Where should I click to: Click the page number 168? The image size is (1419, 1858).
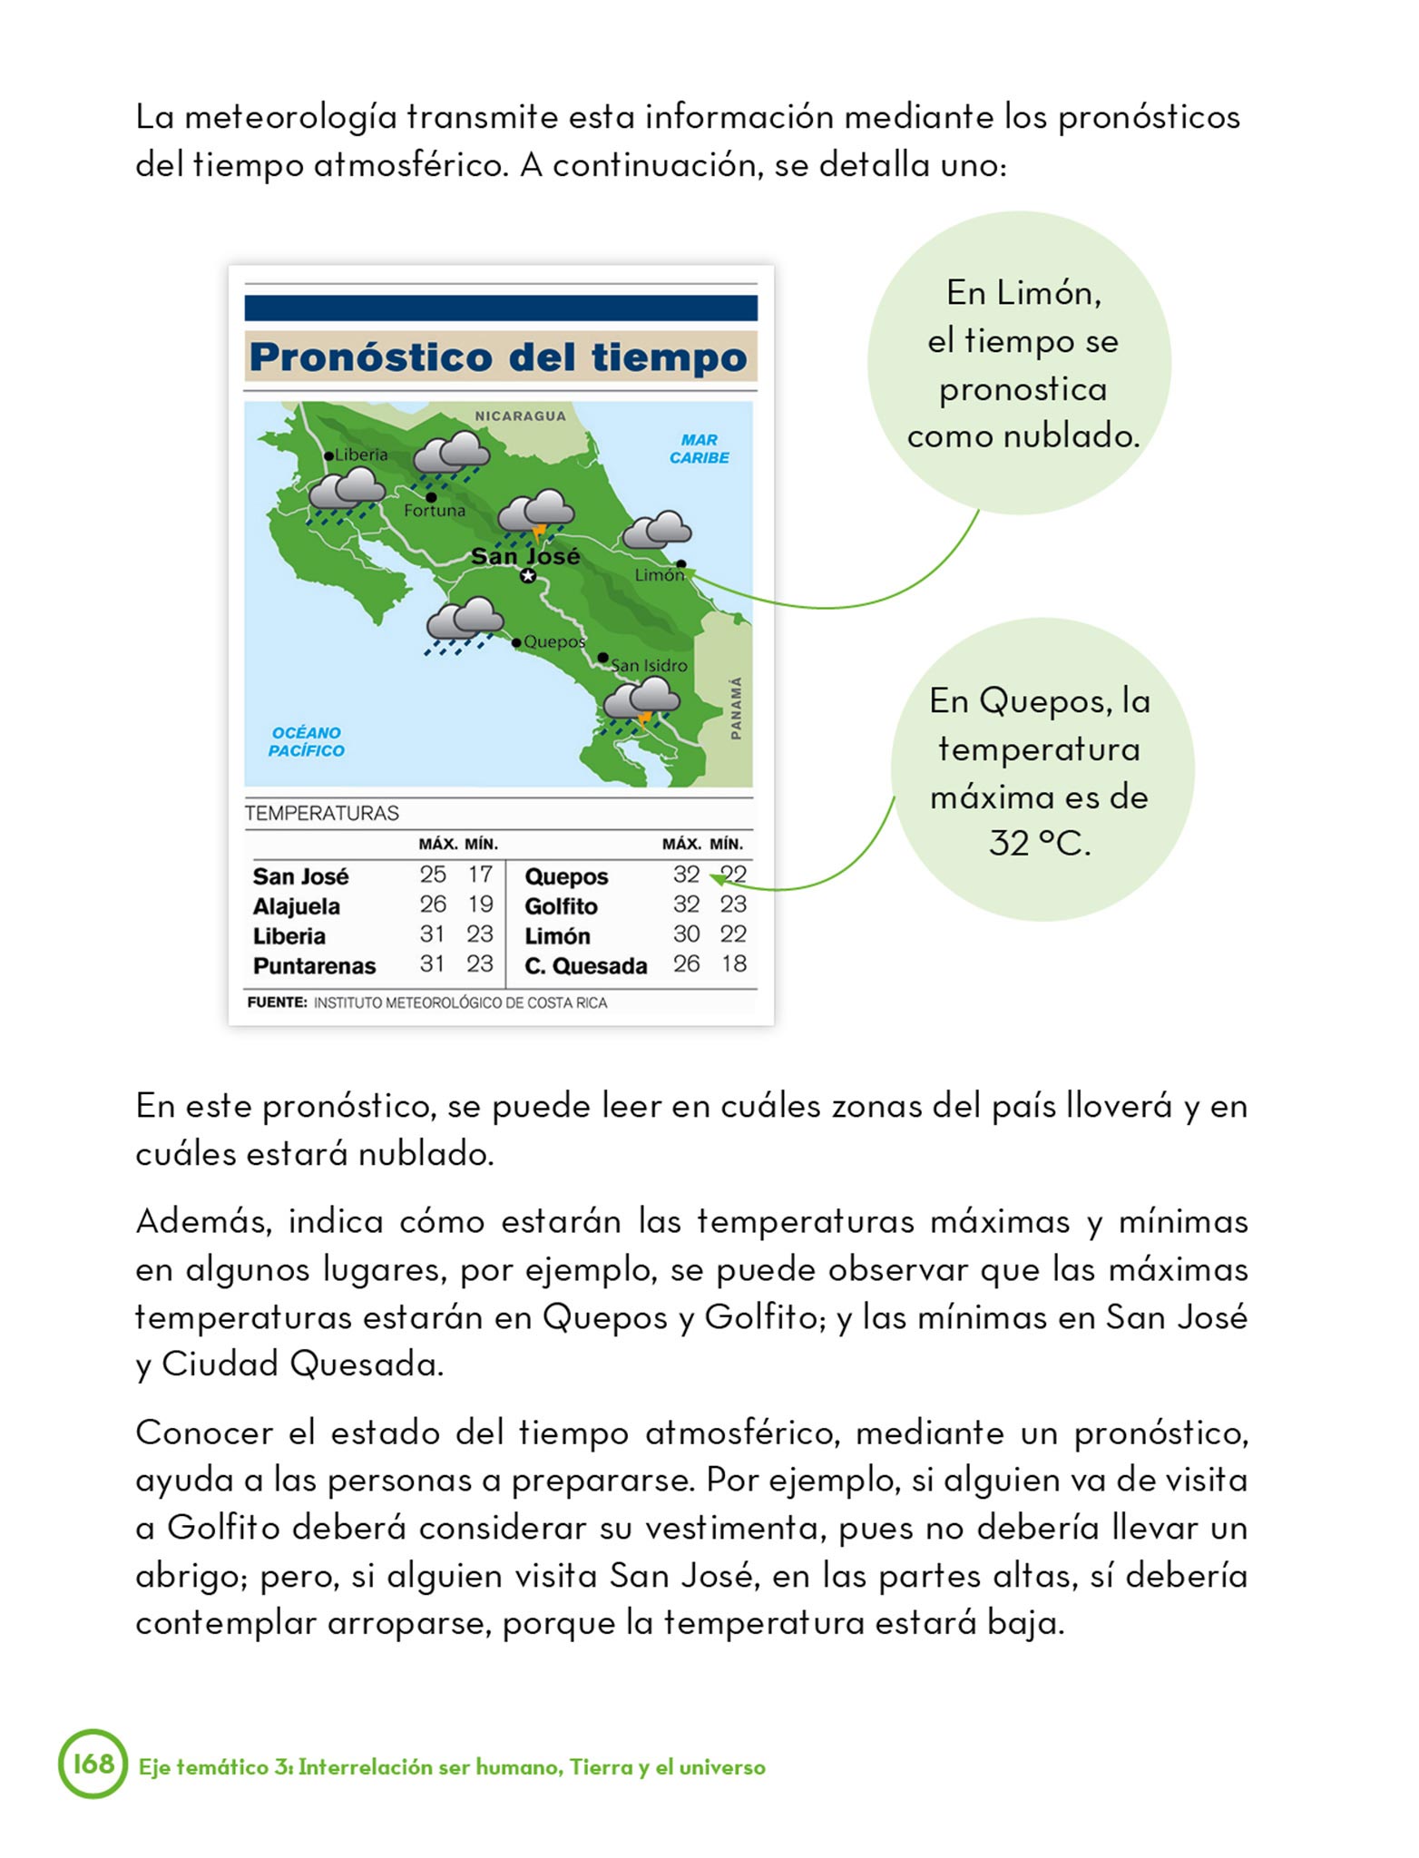pos(93,1764)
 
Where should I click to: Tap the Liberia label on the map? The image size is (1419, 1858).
pos(360,455)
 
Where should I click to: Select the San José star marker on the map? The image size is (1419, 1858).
pos(528,575)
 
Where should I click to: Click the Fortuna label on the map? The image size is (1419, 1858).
pos(435,511)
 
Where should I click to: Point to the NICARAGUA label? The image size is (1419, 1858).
pos(520,416)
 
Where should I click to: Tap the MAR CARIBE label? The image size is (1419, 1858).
pos(699,449)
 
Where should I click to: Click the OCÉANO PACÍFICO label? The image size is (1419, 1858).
pos(307,741)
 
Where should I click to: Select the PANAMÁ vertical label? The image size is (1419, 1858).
pos(736,709)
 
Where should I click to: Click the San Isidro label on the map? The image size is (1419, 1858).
pos(649,665)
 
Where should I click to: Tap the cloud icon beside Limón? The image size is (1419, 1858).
pos(658,530)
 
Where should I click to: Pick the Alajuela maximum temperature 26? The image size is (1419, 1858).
pos(433,905)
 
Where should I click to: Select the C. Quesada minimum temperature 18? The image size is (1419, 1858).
pos(733,963)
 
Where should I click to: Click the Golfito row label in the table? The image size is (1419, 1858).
pos(561,906)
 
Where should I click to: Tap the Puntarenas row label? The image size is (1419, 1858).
pos(314,966)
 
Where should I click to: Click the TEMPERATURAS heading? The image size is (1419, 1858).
pos(322,813)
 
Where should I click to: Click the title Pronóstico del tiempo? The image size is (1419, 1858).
pos(499,357)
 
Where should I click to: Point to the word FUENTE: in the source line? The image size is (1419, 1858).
pos(277,1002)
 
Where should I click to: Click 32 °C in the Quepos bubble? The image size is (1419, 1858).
pos(1039,844)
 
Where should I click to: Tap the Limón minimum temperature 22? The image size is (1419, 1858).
pos(733,934)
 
